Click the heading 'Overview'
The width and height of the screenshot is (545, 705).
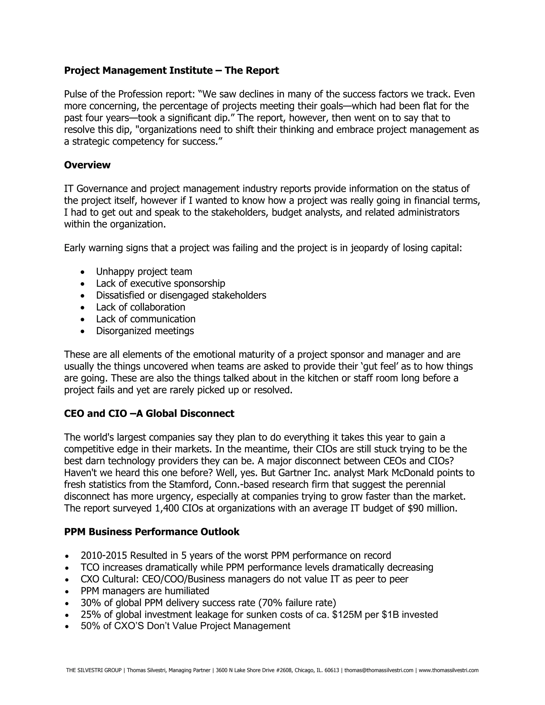point(87,165)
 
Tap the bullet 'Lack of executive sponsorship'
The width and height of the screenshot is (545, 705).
point(160,283)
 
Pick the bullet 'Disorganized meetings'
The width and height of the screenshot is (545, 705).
point(145,331)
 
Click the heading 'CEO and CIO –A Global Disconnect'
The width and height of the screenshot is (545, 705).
point(149,414)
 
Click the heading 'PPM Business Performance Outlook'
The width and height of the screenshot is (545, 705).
point(152,532)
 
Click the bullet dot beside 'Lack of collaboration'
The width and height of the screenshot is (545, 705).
point(83,308)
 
